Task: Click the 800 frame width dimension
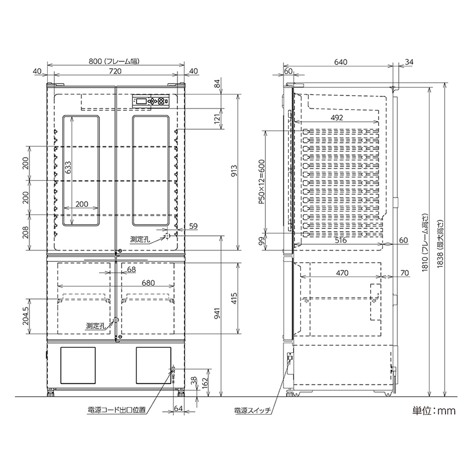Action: (x=114, y=62)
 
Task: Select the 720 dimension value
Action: (x=115, y=71)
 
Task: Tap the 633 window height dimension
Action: (x=68, y=168)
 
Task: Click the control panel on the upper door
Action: (x=151, y=101)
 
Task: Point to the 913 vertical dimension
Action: (x=234, y=171)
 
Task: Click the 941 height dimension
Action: (x=218, y=313)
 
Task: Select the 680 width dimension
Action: (x=148, y=282)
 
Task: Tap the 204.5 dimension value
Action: (x=26, y=316)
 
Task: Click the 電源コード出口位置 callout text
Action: (x=116, y=410)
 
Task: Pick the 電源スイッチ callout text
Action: (x=253, y=411)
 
